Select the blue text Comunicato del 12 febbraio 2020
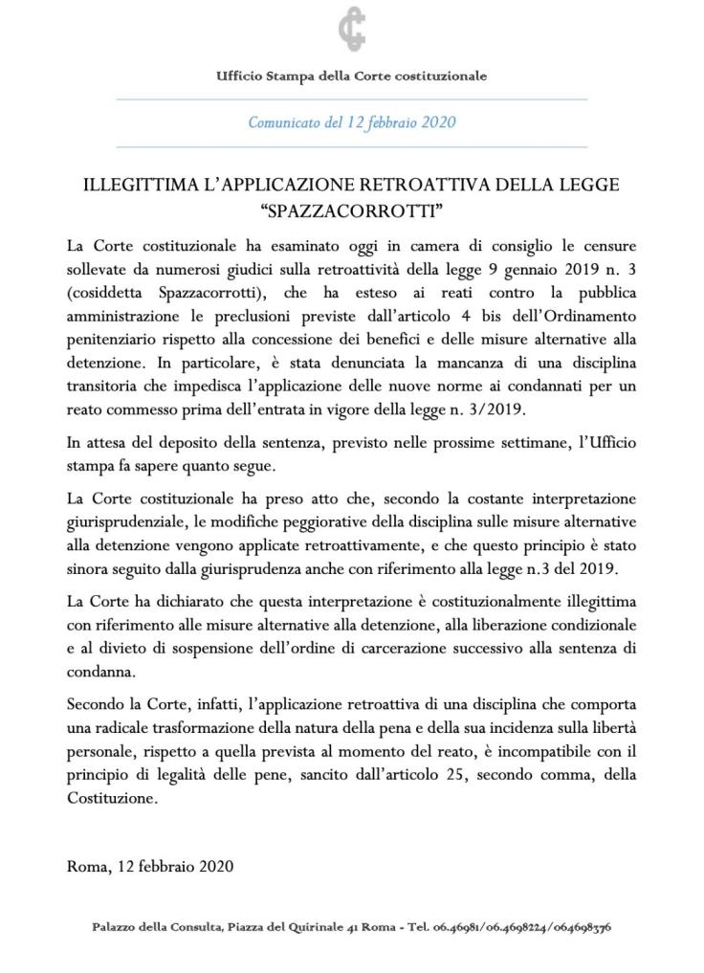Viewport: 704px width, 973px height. tap(351, 122)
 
